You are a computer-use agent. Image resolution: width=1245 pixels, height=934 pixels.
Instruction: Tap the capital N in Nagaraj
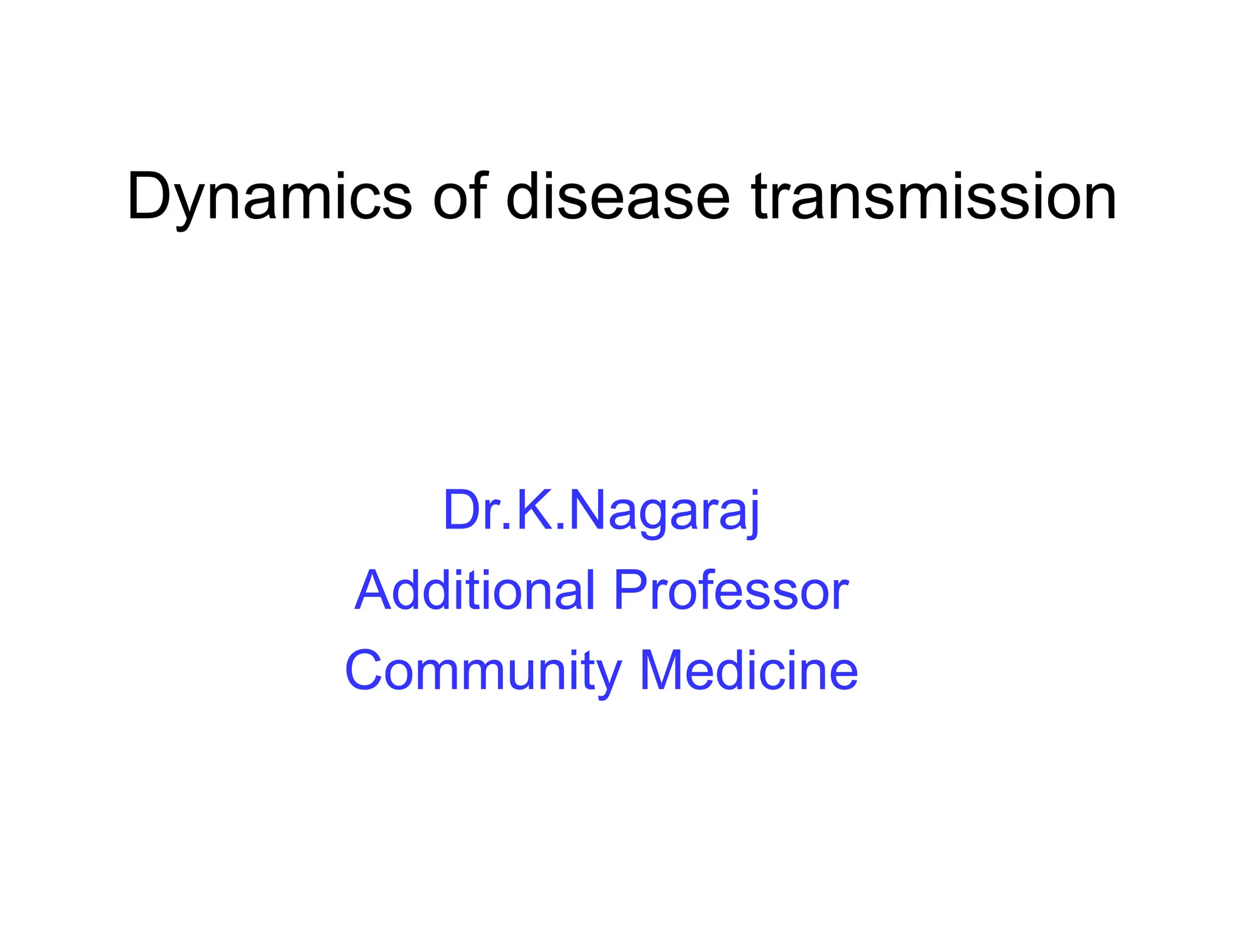tap(587, 511)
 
